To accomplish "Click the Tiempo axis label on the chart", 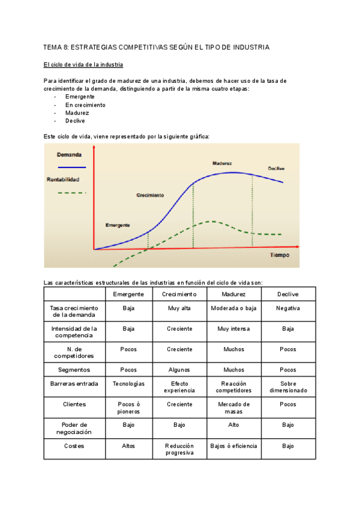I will pyautogui.click(x=279, y=255).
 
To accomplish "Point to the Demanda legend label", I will pyautogui.click(x=69, y=155).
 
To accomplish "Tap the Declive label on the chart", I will pyautogui.click(x=277, y=168).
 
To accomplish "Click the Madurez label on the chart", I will pyautogui.click(x=222, y=163).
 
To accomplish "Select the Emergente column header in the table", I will pyautogui.click(x=128, y=294).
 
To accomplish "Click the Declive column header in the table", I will pyautogui.click(x=288, y=294).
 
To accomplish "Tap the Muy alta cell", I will pyautogui.click(x=179, y=308).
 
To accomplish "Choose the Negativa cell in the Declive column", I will pyautogui.click(x=288, y=308).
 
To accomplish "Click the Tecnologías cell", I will pyautogui.click(x=128, y=384).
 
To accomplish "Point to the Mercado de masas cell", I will pyautogui.click(x=233, y=408).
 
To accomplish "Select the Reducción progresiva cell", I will pyautogui.click(x=179, y=450).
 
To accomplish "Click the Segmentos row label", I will pyautogui.click(x=74, y=370).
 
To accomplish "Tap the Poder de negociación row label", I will pyautogui.click(x=74, y=428).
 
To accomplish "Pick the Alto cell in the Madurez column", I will pyautogui.click(x=233, y=424).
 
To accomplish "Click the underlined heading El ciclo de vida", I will pyautogui.click(x=84, y=65).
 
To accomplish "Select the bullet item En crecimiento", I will pyautogui.click(x=85, y=104).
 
